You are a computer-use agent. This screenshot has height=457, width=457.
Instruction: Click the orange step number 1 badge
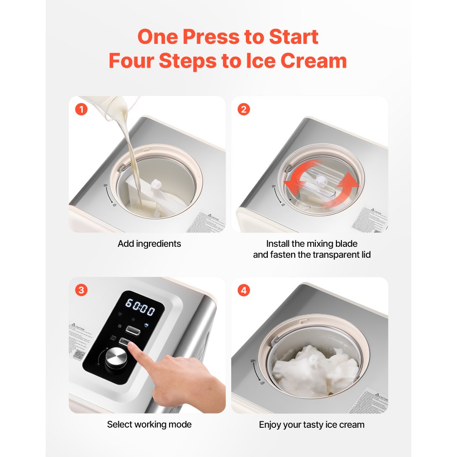click(x=81, y=109)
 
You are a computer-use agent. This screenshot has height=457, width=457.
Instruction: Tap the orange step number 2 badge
click(x=244, y=109)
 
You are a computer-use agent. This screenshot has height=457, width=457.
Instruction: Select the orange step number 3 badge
click(x=81, y=290)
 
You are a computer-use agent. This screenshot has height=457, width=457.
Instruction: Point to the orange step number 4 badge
click(x=244, y=290)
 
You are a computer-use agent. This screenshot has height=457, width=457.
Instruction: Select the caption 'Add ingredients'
click(x=149, y=244)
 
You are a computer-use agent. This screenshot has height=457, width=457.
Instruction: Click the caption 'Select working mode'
click(x=149, y=425)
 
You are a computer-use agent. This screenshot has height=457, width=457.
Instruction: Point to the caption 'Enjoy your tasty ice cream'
click(x=312, y=425)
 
